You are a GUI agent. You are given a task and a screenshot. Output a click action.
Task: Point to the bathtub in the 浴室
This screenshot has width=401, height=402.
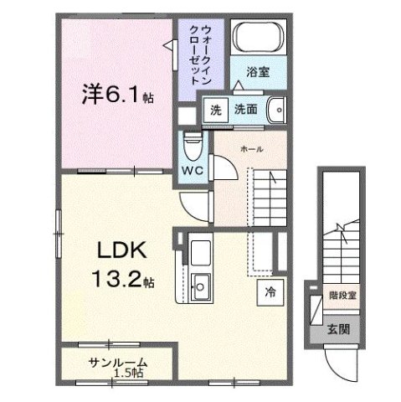click(x=259, y=39)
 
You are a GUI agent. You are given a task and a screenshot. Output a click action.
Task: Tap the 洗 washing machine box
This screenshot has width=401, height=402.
click(x=215, y=110)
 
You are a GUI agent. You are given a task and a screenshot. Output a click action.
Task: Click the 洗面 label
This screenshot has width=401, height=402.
click(x=244, y=110)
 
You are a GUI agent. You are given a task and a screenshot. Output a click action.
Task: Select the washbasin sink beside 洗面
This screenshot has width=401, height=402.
click(x=278, y=111)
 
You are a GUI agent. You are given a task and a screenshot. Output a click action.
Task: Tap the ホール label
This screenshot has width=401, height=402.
click(x=250, y=148)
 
